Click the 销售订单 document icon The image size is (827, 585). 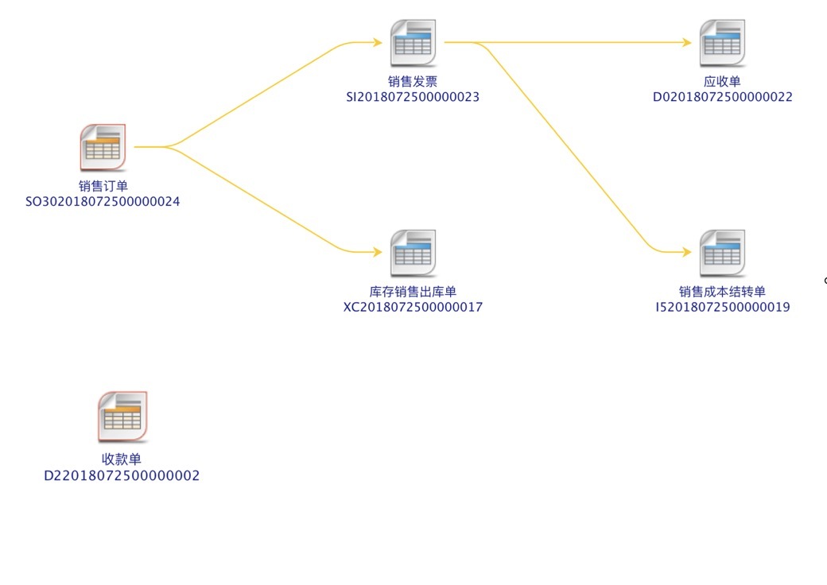coord(103,148)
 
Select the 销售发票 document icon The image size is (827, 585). coord(413,43)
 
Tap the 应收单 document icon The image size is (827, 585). coord(722,43)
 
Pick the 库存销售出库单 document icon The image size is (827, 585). coord(413,254)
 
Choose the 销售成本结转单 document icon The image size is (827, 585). coord(722,254)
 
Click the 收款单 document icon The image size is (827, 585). coord(122,416)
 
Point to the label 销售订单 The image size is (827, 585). coord(103,186)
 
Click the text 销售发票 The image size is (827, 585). coord(413,82)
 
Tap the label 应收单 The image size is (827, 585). coord(722,82)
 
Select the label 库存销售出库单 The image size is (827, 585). coord(413,292)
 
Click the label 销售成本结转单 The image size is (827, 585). coord(722,292)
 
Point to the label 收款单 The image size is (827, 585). coord(122,459)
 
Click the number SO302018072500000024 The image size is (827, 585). coord(103,202)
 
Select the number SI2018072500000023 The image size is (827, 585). coord(413,98)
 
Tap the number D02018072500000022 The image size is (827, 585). coord(723,98)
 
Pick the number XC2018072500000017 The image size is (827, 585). coord(413,308)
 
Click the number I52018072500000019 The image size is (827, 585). coord(723,308)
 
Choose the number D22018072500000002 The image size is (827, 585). coord(122,476)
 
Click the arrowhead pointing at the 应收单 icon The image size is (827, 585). coord(687,42)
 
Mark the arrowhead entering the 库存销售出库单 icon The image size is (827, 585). coord(378,252)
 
